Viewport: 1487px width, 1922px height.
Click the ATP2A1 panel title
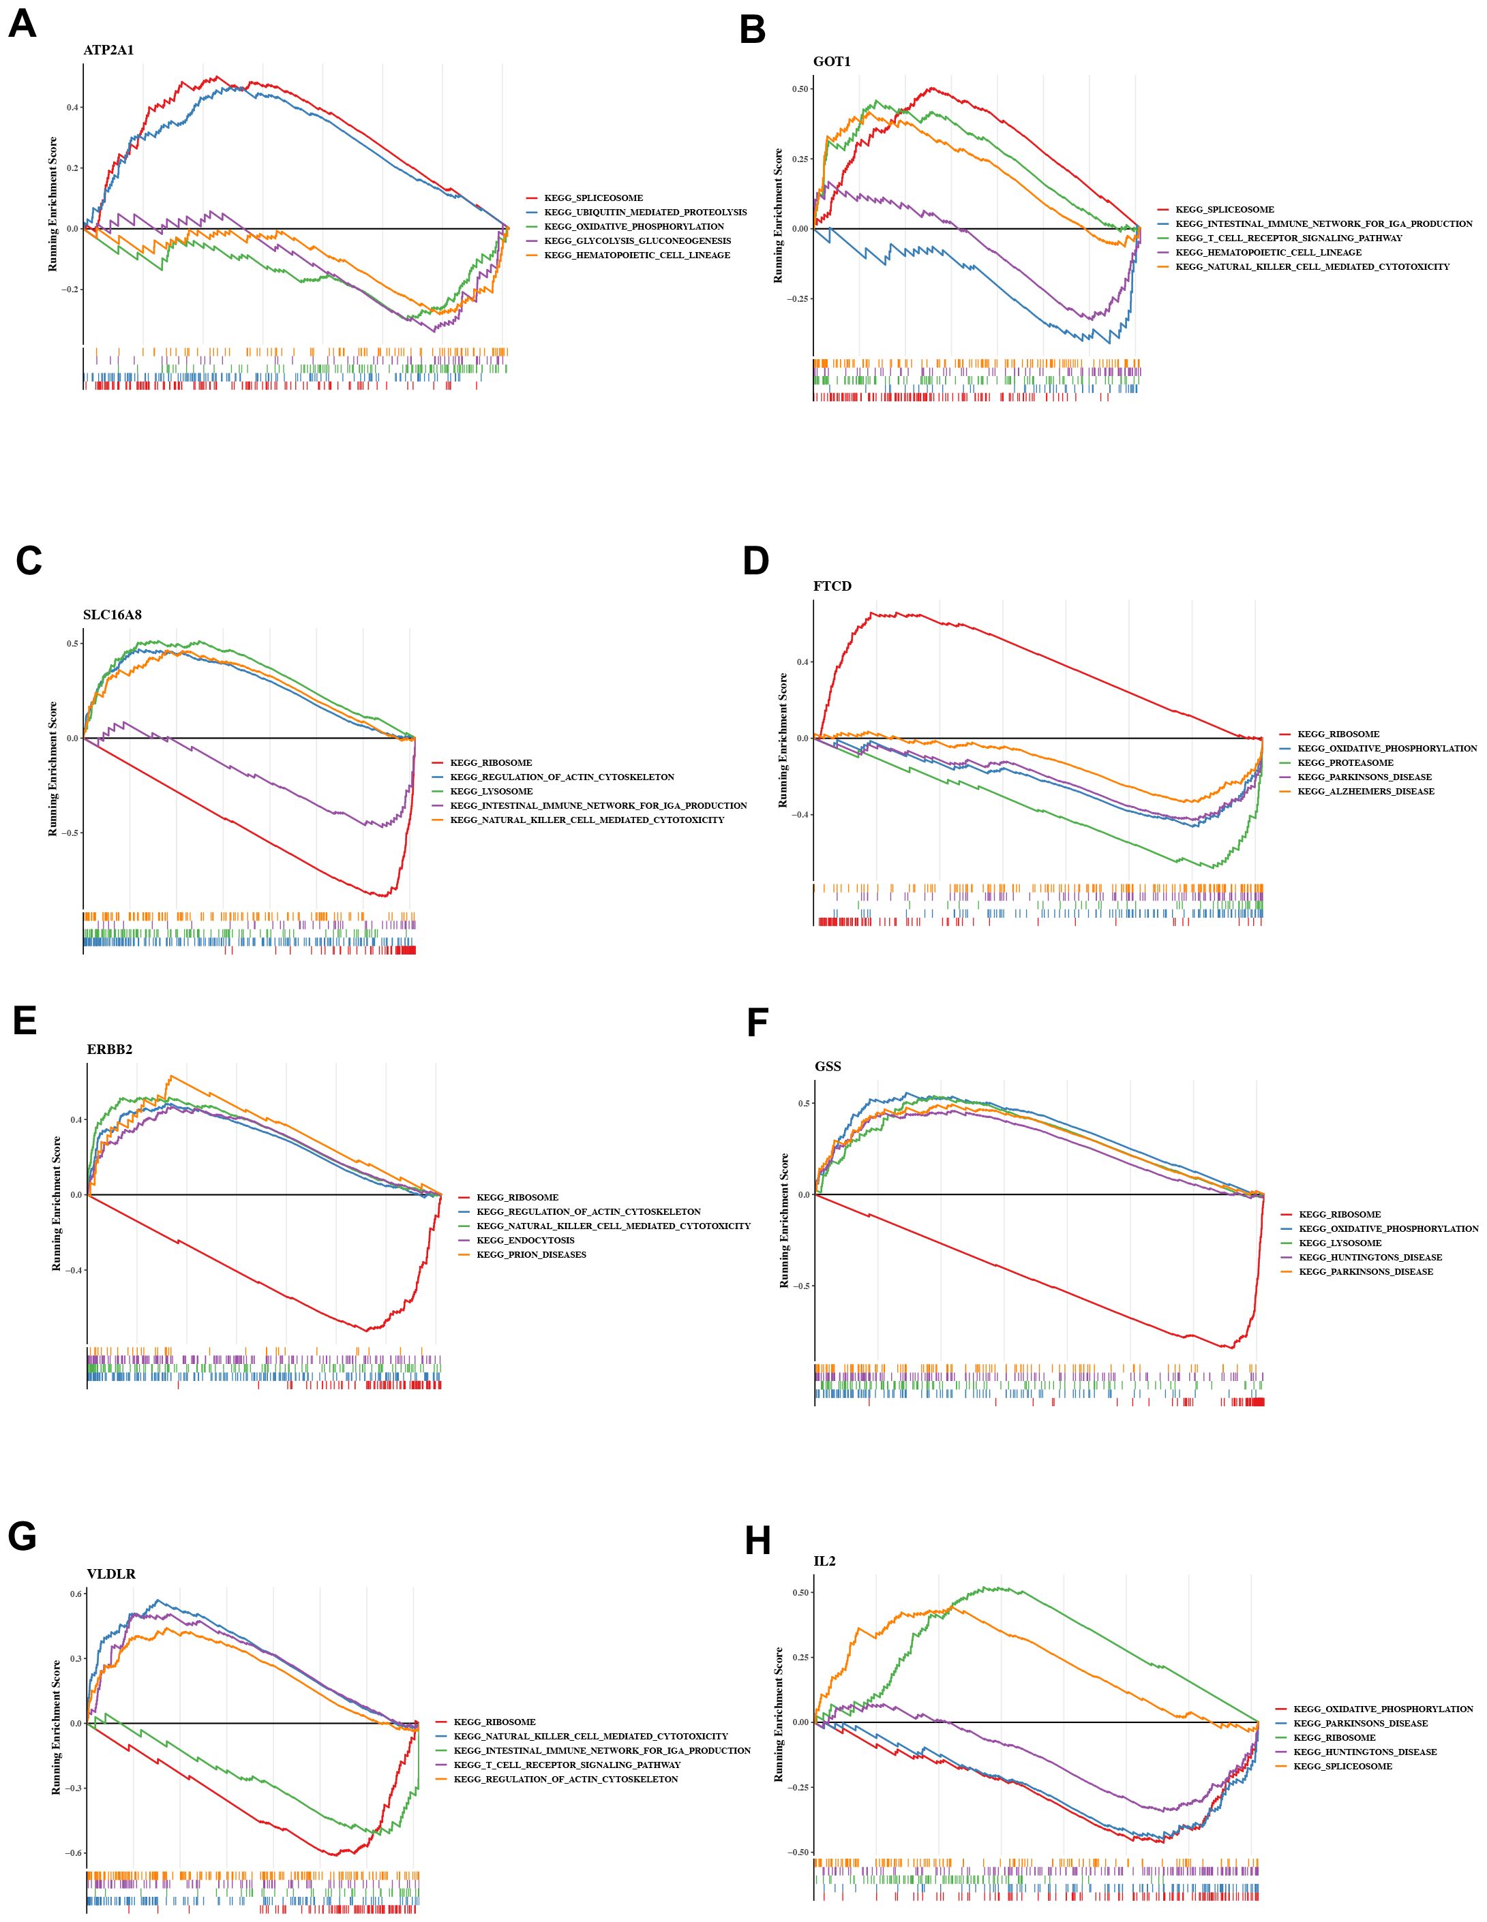(108, 50)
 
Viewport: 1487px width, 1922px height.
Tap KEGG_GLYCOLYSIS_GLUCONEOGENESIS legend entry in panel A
(637, 241)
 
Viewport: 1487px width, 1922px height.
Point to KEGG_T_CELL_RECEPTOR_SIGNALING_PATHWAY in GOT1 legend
(1289, 238)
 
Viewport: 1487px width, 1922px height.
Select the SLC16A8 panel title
(112, 615)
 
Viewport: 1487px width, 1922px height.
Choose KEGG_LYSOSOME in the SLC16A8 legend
(492, 791)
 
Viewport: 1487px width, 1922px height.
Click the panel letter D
(755, 561)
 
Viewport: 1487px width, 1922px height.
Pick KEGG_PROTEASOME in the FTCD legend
(1345, 762)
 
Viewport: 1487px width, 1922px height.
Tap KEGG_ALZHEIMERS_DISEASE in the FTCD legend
(1366, 791)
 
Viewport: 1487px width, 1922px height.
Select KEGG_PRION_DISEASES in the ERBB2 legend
(531, 1254)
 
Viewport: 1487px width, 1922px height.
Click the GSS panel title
(828, 1066)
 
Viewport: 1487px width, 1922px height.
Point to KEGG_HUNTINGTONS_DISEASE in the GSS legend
(1370, 1256)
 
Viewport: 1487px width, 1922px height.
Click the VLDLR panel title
(111, 1574)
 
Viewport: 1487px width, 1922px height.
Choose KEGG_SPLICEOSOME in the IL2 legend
(1342, 1766)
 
